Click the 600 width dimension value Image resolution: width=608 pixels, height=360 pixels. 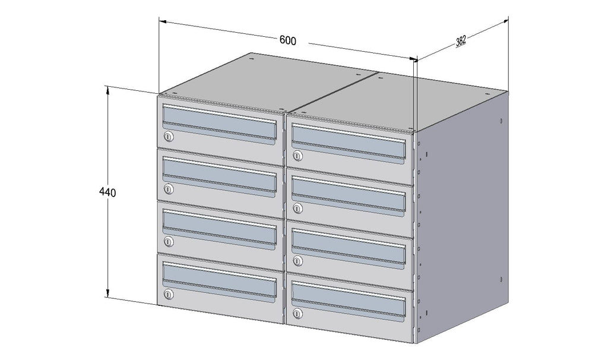point(288,40)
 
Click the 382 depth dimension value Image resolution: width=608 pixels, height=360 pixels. point(461,40)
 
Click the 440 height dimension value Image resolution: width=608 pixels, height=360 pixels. point(107,192)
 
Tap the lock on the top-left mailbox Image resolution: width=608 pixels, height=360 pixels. point(168,137)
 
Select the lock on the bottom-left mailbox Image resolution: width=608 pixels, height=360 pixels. point(168,295)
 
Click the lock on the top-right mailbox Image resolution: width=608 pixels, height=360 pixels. point(297,156)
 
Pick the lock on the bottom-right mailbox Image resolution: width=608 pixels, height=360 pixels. point(297,313)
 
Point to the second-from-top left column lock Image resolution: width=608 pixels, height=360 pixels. point(168,189)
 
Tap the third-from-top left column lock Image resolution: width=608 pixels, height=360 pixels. point(168,242)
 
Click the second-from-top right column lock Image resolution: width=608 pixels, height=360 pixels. point(297,209)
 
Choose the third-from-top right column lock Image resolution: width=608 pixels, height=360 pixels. point(297,261)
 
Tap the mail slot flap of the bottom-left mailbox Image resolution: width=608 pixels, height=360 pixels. point(220,280)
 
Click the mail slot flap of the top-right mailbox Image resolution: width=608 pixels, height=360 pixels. point(349,142)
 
